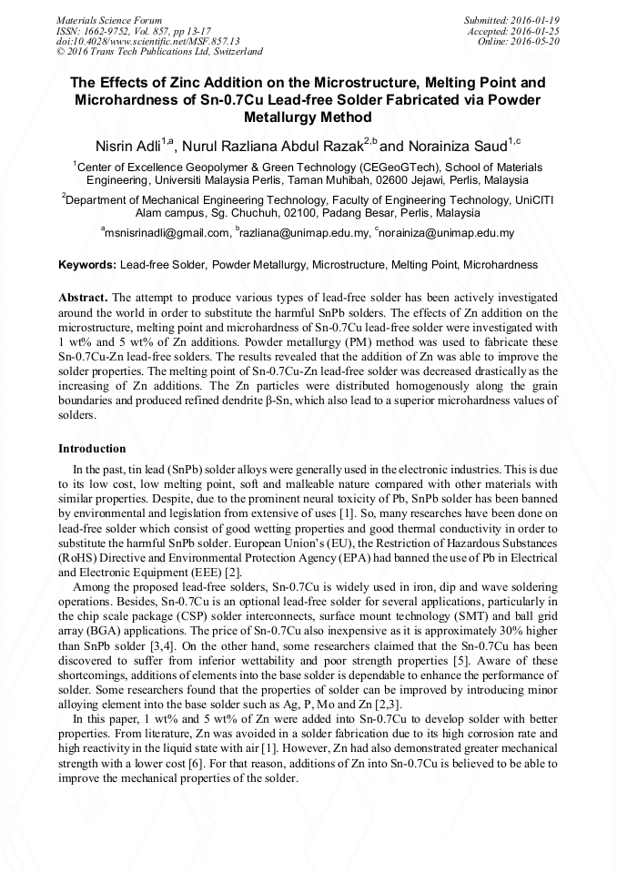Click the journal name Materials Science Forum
109,19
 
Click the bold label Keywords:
87,265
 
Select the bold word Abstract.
83,298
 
